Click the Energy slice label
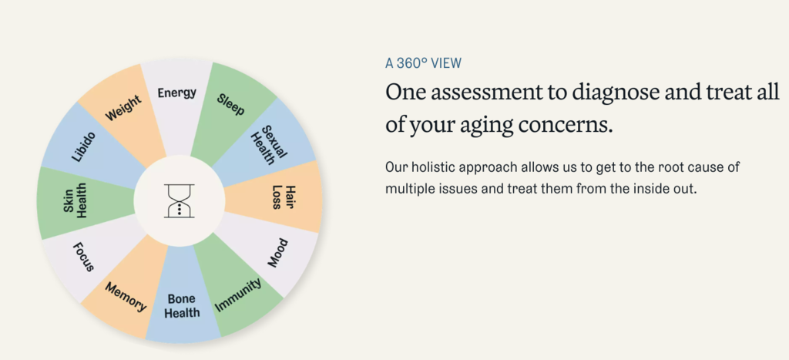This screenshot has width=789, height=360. (x=176, y=93)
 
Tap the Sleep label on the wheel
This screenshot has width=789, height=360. (x=231, y=104)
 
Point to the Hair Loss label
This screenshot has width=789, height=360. (x=284, y=197)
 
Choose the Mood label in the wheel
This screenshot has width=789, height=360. (x=277, y=254)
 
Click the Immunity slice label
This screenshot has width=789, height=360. (x=238, y=295)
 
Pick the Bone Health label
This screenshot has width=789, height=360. (x=182, y=306)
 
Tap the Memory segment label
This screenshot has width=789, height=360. (x=126, y=297)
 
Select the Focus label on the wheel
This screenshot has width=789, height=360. (x=83, y=257)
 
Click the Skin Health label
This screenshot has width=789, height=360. (x=76, y=200)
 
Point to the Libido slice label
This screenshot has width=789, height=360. (x=83, y=146)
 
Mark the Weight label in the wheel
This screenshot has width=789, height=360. (x=123, y=107)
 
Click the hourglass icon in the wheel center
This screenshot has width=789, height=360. (x=180, y=201)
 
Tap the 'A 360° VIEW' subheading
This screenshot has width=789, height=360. (x=423, y=63)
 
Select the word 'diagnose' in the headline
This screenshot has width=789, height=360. (x=604, y=93)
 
